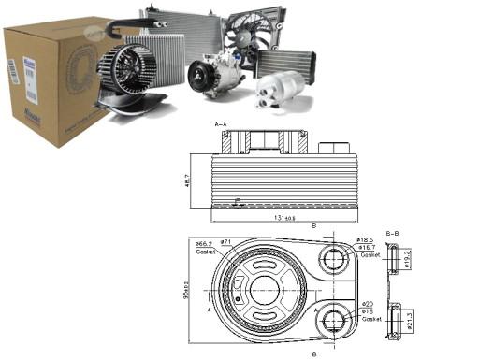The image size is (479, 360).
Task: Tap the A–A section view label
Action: coord(222,123)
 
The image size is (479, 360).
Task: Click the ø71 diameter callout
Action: coord(225,242)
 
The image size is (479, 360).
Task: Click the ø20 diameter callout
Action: coord(367,304)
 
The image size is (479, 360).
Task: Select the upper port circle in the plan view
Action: coord(334,258)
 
